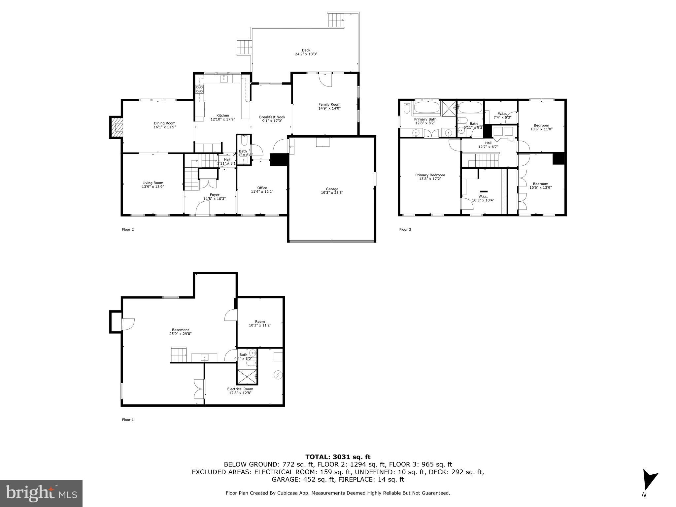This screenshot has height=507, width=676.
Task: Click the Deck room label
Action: click(306, 50)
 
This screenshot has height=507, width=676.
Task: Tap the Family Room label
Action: click(329, 104)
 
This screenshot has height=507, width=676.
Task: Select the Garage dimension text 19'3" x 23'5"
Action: click(332, 193)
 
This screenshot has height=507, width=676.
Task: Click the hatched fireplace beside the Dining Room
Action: click(116, 127)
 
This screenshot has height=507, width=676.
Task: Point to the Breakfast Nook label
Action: click(272, 117)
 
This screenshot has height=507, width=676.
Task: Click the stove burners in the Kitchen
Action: click(199, 89)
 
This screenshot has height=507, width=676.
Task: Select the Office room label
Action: click(262, 188)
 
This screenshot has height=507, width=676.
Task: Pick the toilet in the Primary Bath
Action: click(407, 108)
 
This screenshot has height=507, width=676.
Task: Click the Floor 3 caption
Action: click(405, 229)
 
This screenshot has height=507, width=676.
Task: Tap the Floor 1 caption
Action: click(128, 420)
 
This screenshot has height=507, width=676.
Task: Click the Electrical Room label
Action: click(240, 389)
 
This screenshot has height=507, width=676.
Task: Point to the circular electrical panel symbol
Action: click(278, 375)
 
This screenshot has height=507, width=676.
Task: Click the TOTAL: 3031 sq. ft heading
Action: click(338, 457)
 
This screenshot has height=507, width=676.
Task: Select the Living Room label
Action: click(153, 183)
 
